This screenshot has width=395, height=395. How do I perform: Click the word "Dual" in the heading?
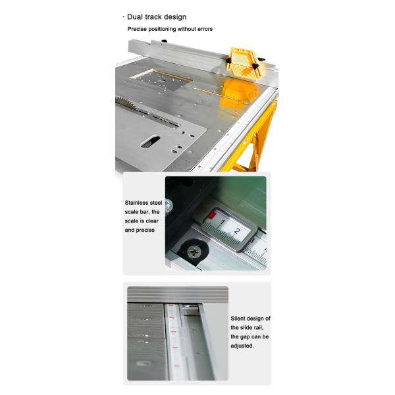point(137,16)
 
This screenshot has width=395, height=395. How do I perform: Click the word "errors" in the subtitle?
point(202,29)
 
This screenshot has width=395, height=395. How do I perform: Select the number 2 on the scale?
point(237,232)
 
